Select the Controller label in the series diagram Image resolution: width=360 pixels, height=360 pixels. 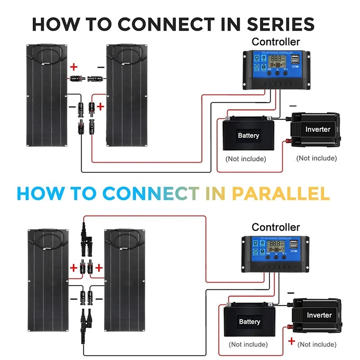276,42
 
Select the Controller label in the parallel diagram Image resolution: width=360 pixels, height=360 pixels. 276,227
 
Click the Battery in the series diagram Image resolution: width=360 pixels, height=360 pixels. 248,135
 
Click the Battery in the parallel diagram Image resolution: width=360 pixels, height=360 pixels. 249,321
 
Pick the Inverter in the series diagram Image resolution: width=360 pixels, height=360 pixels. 317,130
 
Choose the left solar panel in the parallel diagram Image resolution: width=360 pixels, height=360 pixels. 47,279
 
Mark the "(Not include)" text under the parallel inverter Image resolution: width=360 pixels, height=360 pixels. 317,345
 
